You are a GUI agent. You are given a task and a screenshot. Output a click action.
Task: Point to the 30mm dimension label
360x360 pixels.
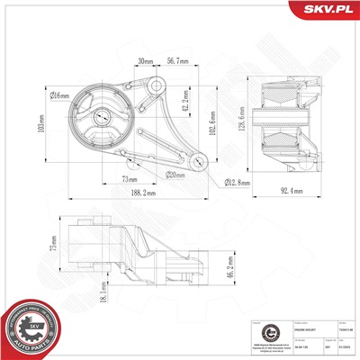pyautogui.click(x=144, y=63)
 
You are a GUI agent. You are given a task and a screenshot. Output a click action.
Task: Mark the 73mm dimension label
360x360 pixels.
pyautogui.click(x=128, y=179)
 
